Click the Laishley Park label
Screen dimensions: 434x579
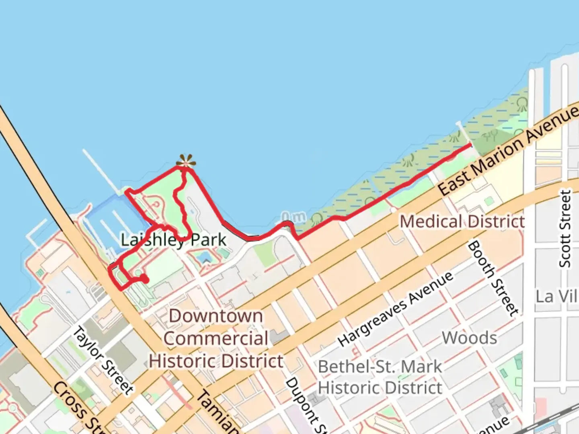click(174, 240)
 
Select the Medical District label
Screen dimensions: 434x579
click(462, 221)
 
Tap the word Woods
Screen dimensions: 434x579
click(469, 338)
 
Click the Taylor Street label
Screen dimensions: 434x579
click(103, 360)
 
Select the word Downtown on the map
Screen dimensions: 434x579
click(216, 316)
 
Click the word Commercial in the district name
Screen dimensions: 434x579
click(216, 338)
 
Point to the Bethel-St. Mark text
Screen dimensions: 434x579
click(380, 366)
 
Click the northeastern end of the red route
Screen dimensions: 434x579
click(471, 145)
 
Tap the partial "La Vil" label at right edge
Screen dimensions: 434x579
click(557, 297)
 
